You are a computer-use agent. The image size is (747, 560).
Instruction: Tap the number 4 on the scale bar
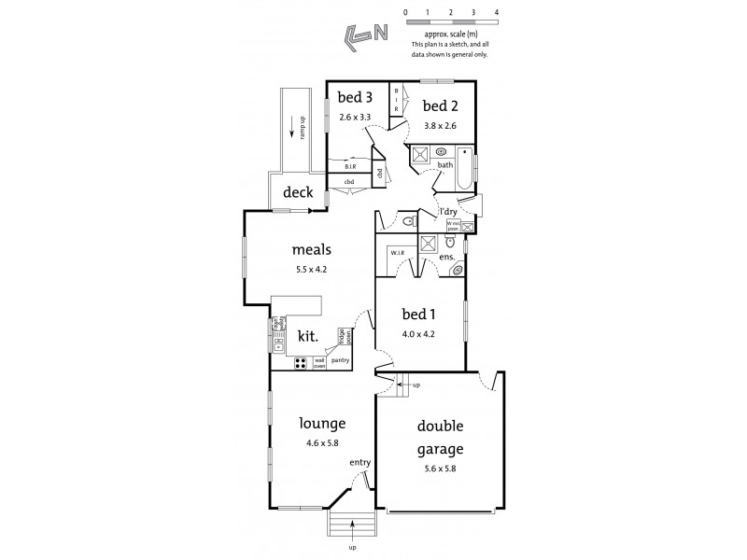click(x=497, y=12)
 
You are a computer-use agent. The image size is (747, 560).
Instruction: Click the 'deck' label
click(x=298, y=192)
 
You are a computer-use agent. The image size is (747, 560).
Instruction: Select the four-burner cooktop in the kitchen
click(x=303, y=364)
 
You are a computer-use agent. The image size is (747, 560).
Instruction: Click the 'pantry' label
click(x=340, y=359)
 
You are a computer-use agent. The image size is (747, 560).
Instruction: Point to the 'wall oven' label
click(x=319, y=362)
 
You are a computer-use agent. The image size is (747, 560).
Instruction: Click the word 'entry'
click(x=360, y=462)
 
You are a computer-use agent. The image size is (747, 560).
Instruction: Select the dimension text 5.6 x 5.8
click(x=439, y=468)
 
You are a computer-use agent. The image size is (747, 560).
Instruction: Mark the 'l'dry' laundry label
click(x=446, y=212)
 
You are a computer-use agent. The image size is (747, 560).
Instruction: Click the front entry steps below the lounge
click(x=351, y=528)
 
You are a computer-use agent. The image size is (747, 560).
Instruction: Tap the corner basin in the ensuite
click(x=457, y=271)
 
